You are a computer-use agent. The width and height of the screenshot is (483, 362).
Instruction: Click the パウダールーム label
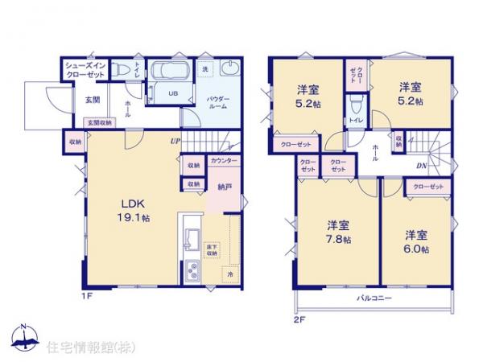pyautogui.click(x=219, y=103)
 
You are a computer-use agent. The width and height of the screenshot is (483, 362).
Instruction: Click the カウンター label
pyautogui.click(x=223, y=161)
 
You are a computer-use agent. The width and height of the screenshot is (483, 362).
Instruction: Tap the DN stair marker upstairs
pyautogui.click(x=422, y=166)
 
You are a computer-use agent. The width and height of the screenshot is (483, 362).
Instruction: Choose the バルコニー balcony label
pyautogui.click(x=374, y=299)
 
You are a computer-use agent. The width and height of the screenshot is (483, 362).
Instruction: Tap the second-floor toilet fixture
pyautogui.click(x=355, y=105)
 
